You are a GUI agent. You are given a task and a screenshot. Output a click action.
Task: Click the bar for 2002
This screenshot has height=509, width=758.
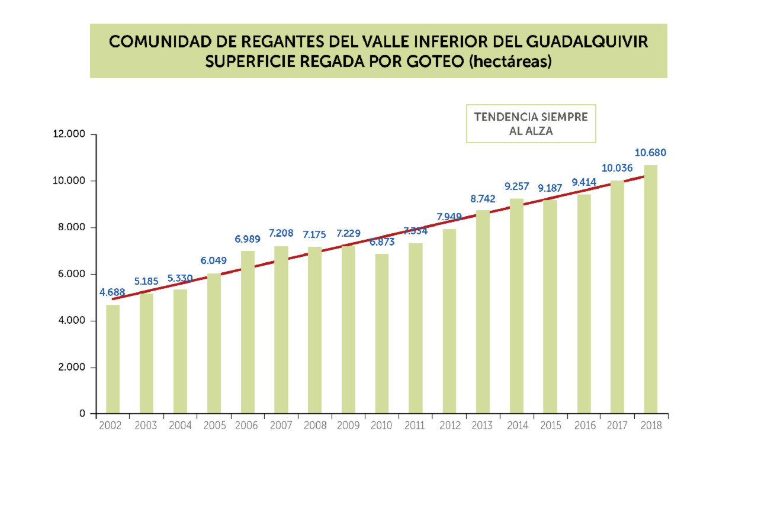113,359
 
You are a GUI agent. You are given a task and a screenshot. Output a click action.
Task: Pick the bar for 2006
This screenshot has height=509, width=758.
248,331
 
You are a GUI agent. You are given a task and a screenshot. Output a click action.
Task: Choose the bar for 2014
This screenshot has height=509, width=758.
516,305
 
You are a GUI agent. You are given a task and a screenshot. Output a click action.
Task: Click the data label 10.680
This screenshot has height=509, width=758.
650,153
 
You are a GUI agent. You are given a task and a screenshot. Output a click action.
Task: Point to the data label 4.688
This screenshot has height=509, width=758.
113,292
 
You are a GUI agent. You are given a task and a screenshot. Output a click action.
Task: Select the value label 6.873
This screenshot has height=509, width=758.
381,242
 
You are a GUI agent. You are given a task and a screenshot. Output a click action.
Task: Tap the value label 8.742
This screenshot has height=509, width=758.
483,199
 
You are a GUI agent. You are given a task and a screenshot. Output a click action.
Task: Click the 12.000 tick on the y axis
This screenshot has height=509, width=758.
69,134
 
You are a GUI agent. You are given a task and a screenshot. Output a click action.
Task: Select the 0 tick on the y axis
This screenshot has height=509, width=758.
82,414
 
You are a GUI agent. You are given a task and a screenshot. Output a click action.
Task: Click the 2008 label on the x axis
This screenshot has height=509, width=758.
314,426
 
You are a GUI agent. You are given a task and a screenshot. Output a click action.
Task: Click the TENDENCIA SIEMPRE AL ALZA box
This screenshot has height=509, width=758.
531,124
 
